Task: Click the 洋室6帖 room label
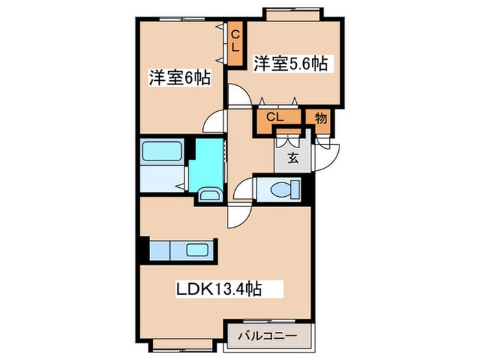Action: [178, 77]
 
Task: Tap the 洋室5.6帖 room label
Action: [290, 64]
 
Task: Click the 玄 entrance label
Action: [293, 158]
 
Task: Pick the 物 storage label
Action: [320, 117]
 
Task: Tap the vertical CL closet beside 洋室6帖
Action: [235, 42]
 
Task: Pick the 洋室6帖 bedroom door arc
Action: [215, 121]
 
